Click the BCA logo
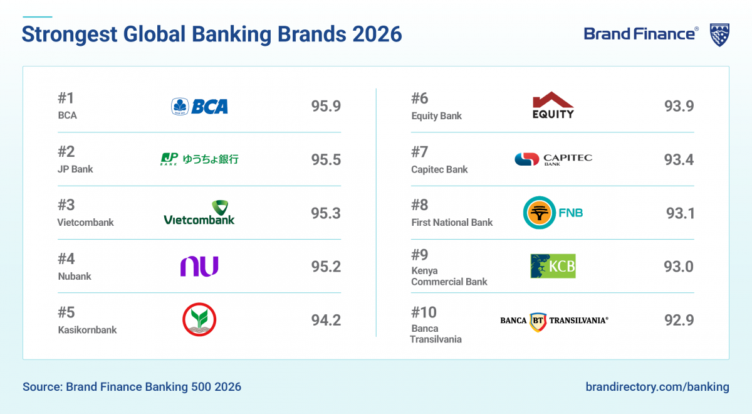pos(200,106)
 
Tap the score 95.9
pos(326,106)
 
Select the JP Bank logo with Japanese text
pos(199,159)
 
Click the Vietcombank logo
pos(199,213)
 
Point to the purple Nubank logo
pos(199,267)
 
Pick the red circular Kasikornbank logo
pos(199,320)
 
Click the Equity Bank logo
pos(553,105)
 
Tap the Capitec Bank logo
pos(553,159)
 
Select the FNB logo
pos(553,213)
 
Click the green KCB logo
pos(553,266)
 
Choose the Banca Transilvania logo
pos(554,321)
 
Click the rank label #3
pos(66,205)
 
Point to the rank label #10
pos(424,312)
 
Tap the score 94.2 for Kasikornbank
pos(326,320)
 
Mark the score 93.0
pos(679,267)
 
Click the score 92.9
pos(679,320)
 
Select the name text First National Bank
pos(452,222)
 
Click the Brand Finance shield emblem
pos(719,34)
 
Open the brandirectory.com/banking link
pos(657,386)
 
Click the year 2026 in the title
pos(376,34)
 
